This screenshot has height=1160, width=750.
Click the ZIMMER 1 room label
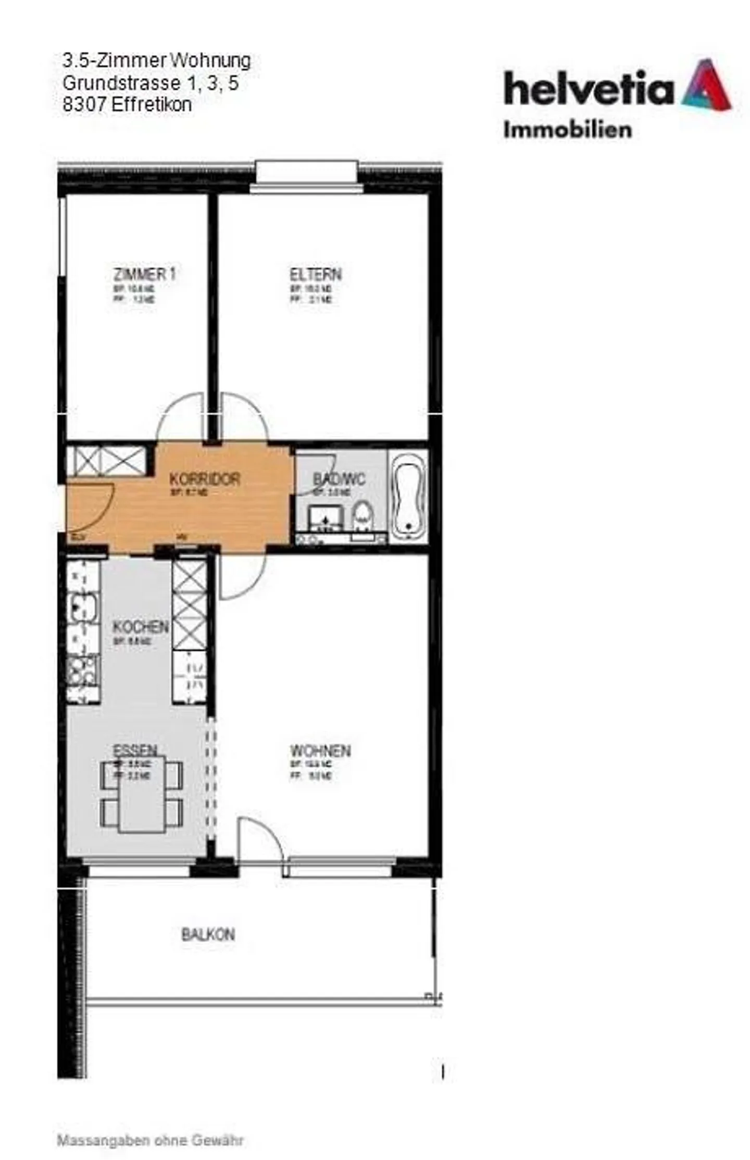coord(144,275)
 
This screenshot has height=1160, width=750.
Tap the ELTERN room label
coord(316,275)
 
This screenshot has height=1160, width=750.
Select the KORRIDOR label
coord(205,479)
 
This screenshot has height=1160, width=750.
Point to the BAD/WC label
coord(339,478)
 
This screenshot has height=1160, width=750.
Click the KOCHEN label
coord(141,627)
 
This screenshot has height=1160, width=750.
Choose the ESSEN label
coord(135,750)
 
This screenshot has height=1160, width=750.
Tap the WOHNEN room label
coord(320,751)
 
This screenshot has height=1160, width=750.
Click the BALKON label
coord(208,935)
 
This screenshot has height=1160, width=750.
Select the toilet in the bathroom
coord(362,516)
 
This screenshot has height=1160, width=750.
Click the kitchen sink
coord(83,608)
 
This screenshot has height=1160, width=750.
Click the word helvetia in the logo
coord(589,89)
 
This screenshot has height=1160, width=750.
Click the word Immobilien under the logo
coord(567,130)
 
